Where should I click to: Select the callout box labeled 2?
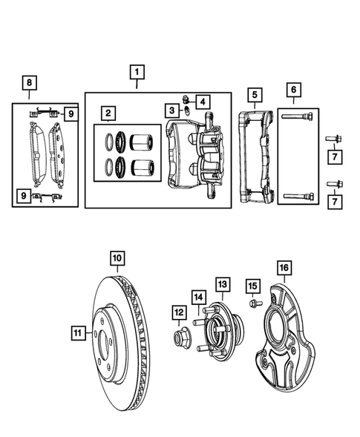108,113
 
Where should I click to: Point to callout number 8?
29,82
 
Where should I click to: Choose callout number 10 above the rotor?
117,258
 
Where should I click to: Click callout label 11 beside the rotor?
78,334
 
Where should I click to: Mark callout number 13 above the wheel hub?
222,284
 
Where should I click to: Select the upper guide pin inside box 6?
297,116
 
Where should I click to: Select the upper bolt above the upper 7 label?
331,139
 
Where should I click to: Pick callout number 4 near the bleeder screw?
203,100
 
